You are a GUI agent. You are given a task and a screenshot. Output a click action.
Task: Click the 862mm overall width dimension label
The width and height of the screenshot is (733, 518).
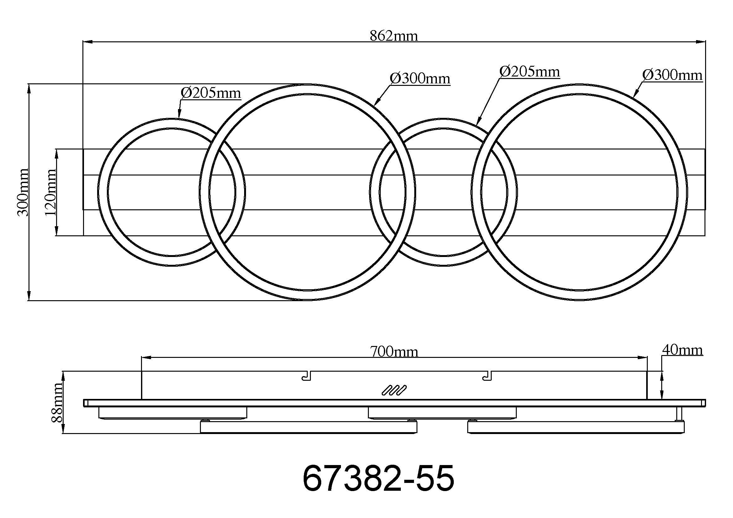(394, 36)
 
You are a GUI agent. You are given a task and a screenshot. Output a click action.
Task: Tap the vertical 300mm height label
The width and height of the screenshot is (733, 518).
(23, 192)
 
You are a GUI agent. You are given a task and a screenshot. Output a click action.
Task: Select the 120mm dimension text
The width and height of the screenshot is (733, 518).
(50, 192)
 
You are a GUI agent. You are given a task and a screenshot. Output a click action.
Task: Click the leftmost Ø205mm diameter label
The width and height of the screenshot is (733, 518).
(210, 93)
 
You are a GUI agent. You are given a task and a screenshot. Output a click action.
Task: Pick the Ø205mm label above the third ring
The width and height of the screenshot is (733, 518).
(530, 72)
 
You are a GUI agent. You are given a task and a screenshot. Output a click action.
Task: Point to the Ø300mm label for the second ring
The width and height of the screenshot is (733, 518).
(420, 79)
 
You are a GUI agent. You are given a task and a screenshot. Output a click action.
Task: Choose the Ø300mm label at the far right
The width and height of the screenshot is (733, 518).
(672, 75)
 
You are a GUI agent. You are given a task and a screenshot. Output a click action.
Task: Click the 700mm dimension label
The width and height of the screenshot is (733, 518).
(394, 352)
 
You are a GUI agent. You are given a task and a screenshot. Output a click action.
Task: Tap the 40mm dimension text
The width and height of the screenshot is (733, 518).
(683, 350)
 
